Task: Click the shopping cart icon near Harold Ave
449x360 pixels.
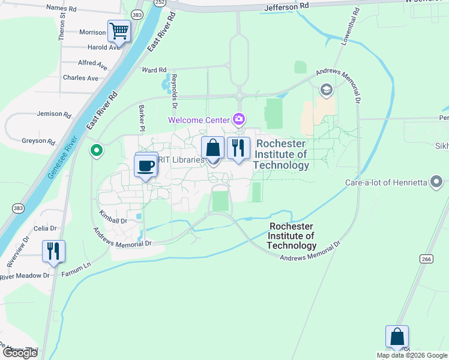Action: tap(119, 31)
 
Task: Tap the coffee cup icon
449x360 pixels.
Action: tap(146, 166)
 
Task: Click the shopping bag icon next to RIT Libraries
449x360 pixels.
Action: tap(213, 147)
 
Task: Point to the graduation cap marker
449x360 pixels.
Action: tap(327, 91)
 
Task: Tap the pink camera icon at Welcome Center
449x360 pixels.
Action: tap(240, 120)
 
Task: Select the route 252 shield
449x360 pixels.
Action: tap(159, 2)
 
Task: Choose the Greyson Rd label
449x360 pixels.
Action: tap(39, 141)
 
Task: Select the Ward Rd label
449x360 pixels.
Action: tap(154, 70)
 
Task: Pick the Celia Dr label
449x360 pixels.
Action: tap(45, 228)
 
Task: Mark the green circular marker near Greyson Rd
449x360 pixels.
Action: tap(95, 150)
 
